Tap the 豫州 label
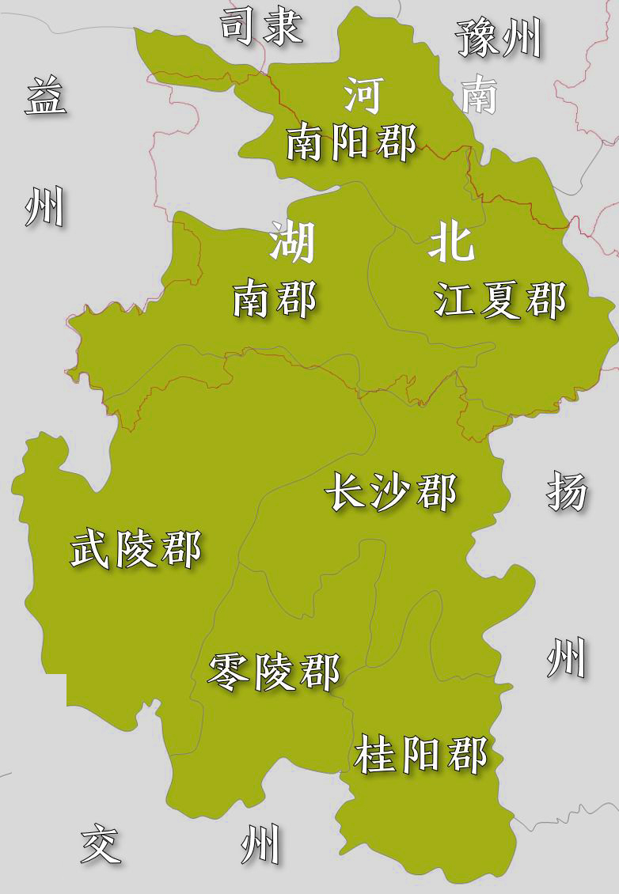(x=499, y=38)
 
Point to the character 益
(x=45, y=97)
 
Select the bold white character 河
(x=363, y=96)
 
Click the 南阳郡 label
(x=351, y=143)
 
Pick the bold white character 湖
(x=292, y=241)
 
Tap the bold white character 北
(x=451, y=241)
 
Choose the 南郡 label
(x=274, y=301)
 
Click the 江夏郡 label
(x=500, y=301)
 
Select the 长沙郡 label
(x=391, y=493)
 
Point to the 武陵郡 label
(x=136, y=548)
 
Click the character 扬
(x=567, y=492)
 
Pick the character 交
(x=101, y=844)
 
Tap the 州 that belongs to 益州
(x=44, y=207)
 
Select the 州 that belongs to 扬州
(x=566, y=658)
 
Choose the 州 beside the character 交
(x=260, y=844)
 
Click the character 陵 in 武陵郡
(x=137, y=548)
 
